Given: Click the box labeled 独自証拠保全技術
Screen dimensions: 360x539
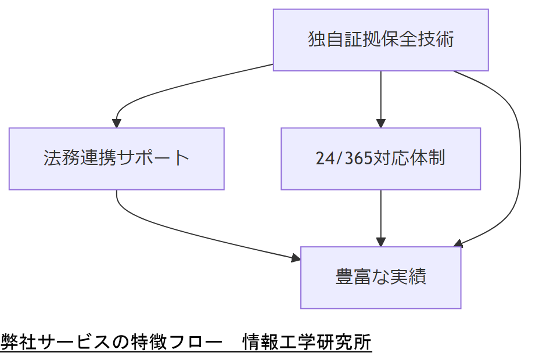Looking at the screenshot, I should pos(380,40).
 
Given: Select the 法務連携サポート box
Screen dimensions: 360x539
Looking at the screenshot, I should pos(116,159).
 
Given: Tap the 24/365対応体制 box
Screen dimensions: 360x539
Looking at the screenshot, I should pos(380,159).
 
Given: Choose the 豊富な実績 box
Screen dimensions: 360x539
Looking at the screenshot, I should pos(380,277).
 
